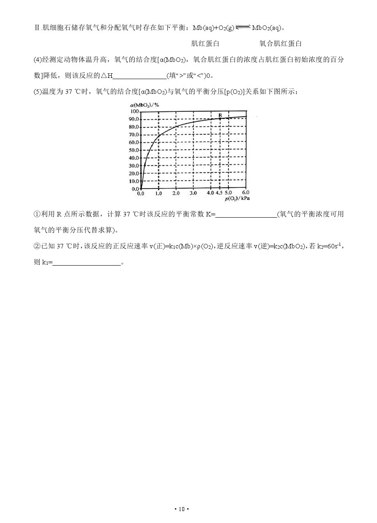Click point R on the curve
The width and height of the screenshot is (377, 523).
[220, 119]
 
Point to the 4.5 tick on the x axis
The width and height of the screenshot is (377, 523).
[219, 193]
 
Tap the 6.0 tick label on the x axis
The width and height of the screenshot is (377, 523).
[246, 192]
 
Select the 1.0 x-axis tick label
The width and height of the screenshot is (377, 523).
[158, 193]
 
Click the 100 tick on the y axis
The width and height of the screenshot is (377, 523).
[135, 111]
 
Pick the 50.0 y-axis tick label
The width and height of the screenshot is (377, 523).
[134, 150]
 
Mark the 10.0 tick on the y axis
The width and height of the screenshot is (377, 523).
[134, 181]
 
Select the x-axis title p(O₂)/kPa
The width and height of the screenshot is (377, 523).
[237, 198]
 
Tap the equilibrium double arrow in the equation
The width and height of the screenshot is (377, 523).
[243, 27]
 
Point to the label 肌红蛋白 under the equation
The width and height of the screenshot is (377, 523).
[205, 43]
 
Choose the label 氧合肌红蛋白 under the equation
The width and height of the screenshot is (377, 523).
[280, 43]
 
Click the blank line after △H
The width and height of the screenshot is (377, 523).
[139, 76]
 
